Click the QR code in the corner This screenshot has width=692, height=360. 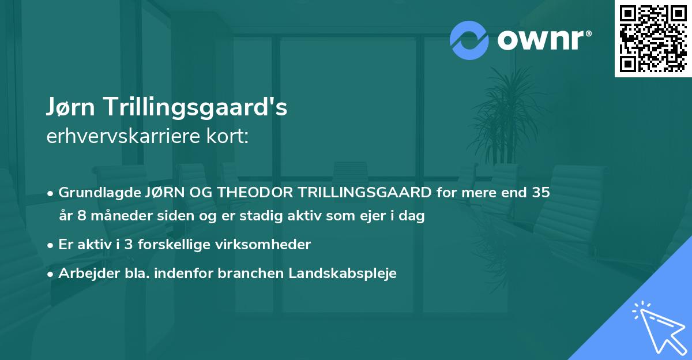[653, 38]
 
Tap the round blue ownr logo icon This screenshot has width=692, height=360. [469, 40]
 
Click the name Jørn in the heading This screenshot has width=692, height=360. [71, 107]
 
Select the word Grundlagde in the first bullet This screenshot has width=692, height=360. [94, 193]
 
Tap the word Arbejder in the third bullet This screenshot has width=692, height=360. [85, 273]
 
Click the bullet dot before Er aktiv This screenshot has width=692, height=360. [51, 245]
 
